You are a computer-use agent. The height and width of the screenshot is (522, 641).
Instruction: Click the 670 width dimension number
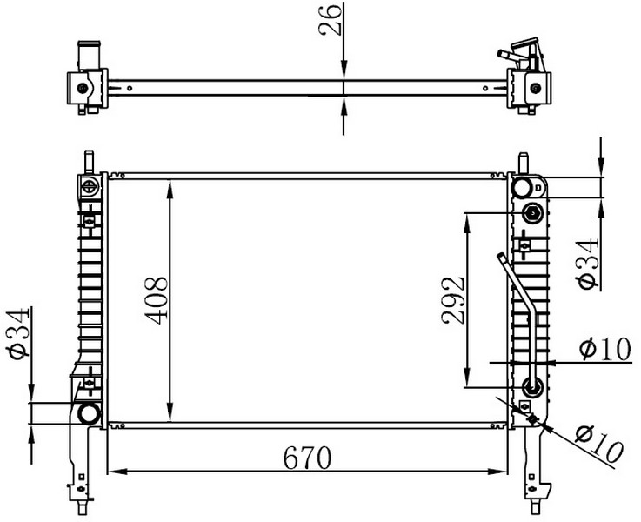[x=307, y=458]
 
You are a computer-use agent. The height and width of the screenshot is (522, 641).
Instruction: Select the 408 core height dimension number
[x=157, y=301]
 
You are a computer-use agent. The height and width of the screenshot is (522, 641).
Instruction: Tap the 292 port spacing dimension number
[x=453, y=301]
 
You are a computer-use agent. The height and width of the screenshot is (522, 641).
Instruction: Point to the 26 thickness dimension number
[x=330, y=20]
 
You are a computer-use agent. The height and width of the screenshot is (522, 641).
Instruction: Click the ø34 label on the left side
[x=17, y=333]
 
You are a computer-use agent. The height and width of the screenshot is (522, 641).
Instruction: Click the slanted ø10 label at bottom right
[x=599, y=445]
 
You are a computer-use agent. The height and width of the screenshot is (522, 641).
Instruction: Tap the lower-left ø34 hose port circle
[x=89, y=413]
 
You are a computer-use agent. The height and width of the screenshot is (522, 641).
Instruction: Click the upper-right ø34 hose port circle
[x=523, y=188]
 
